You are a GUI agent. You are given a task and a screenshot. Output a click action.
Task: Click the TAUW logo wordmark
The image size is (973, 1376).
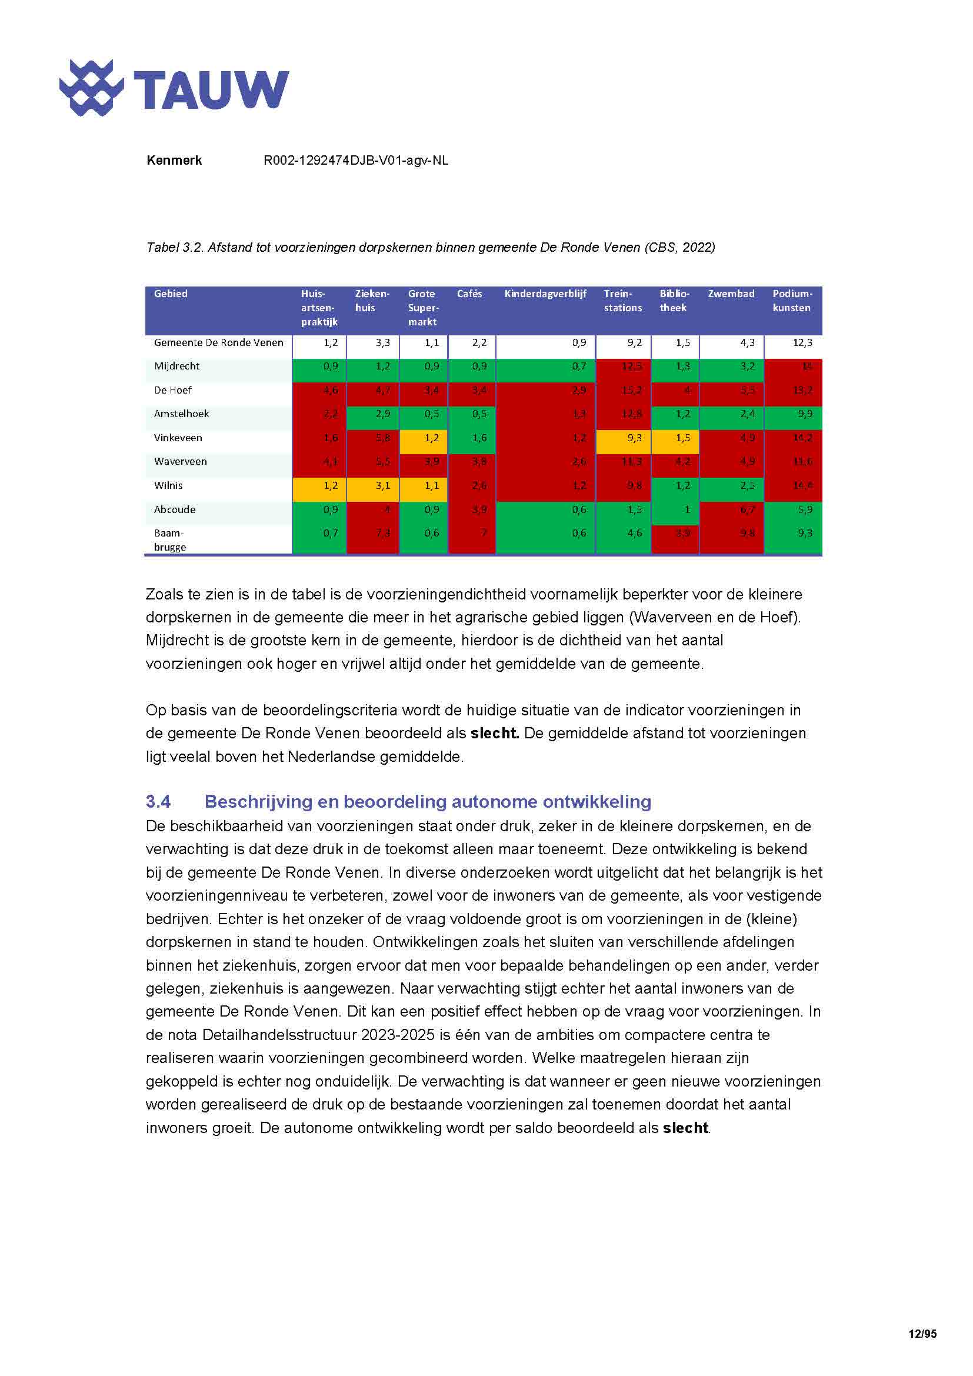(x=211, y=90)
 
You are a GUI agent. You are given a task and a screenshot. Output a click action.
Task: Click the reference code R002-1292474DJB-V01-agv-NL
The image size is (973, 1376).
(x=355, y=161)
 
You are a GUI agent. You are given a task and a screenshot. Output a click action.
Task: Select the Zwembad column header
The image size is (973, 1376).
(x=731, y=294)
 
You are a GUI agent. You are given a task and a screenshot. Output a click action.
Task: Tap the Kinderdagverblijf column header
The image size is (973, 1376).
(x=545, y=294)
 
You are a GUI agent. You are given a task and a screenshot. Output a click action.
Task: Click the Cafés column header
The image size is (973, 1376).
(x=469, y=294)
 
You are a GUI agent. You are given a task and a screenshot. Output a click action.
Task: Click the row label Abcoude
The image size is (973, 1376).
(x=174, y=509)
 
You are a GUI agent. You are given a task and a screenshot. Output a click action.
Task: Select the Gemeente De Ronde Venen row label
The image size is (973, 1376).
(x=218, y=343)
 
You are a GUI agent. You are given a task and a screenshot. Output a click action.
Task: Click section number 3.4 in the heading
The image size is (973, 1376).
(x=158, y=801)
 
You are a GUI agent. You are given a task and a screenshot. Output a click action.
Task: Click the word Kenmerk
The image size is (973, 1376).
(x=174, y=161)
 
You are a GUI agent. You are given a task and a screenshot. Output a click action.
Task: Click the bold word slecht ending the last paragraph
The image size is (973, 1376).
(x=685, y=1128)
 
